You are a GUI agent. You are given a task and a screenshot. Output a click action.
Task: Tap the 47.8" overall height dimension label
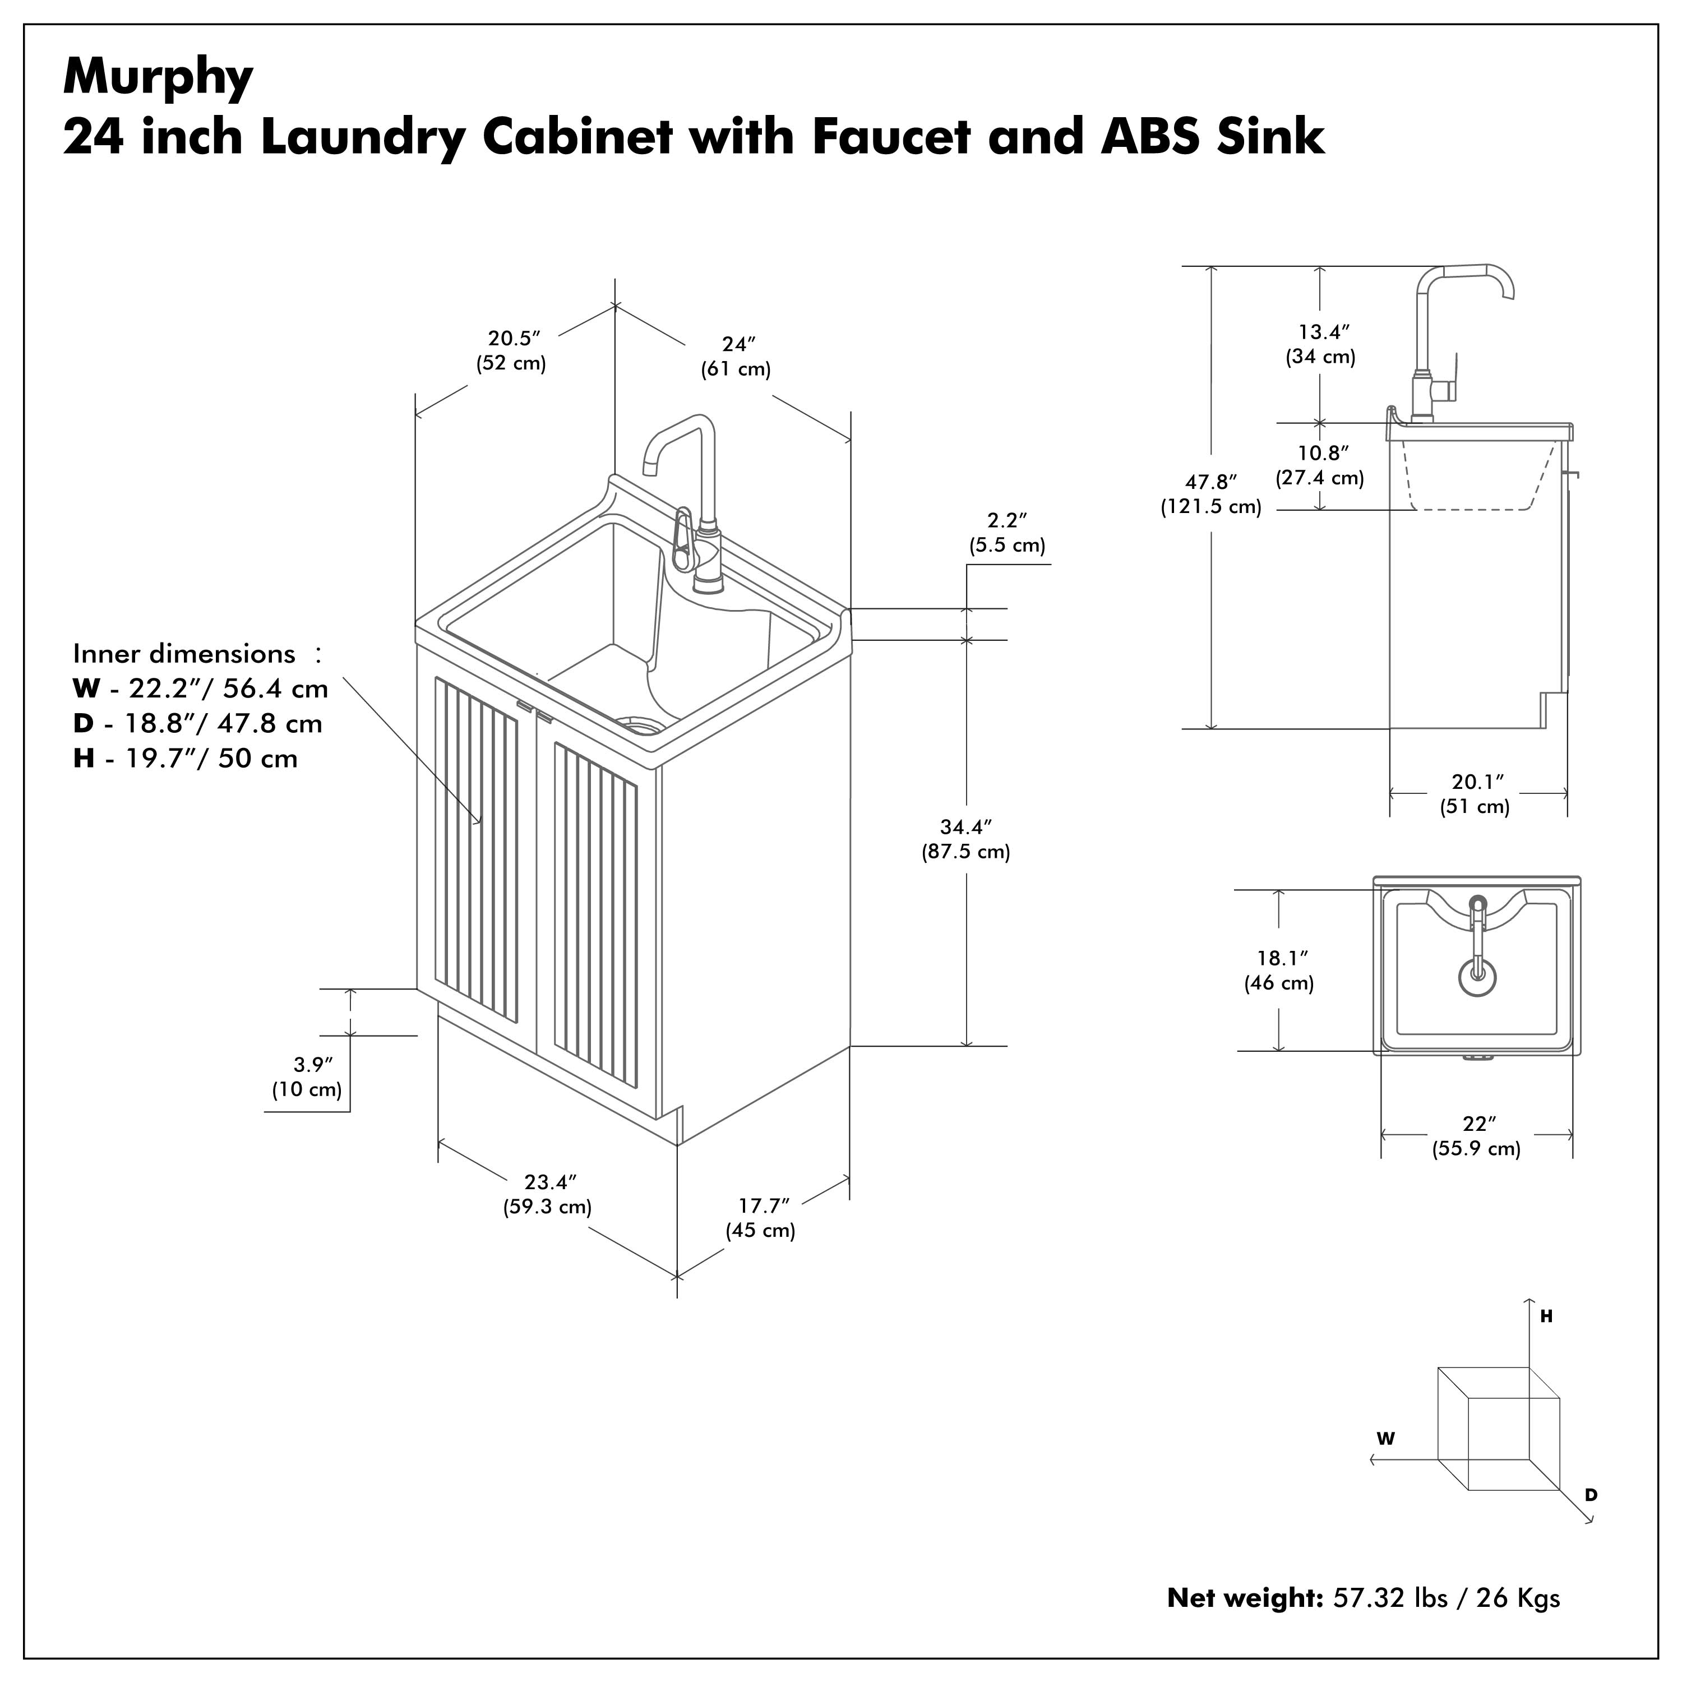pos(1211,493)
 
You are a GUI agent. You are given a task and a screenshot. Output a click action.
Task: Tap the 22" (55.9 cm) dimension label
pos(1477,1135)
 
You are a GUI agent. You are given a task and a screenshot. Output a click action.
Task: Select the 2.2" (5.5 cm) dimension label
pos(1008,532)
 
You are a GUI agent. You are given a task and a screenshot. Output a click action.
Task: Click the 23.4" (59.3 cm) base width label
pos(548,1194)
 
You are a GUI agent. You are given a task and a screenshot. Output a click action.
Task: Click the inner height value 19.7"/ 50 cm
pos(211,758)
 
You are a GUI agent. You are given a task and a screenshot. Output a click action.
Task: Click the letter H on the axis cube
pos(1546,1317)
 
